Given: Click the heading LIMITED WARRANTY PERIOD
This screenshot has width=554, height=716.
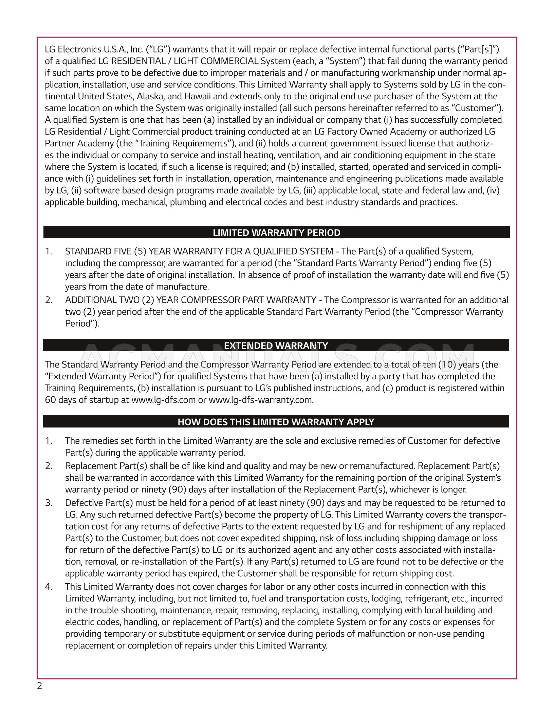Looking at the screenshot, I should [276, 233].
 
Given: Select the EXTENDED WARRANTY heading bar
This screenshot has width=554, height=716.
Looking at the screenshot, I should [276, 346].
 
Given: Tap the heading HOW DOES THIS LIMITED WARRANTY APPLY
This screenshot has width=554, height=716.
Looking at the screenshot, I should [276, 422].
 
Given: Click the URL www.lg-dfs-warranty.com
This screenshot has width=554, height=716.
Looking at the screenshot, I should [260, 400].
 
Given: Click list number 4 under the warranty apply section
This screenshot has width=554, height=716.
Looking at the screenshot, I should [49, 587].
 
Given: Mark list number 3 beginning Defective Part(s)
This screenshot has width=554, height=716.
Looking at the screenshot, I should [49, 503].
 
